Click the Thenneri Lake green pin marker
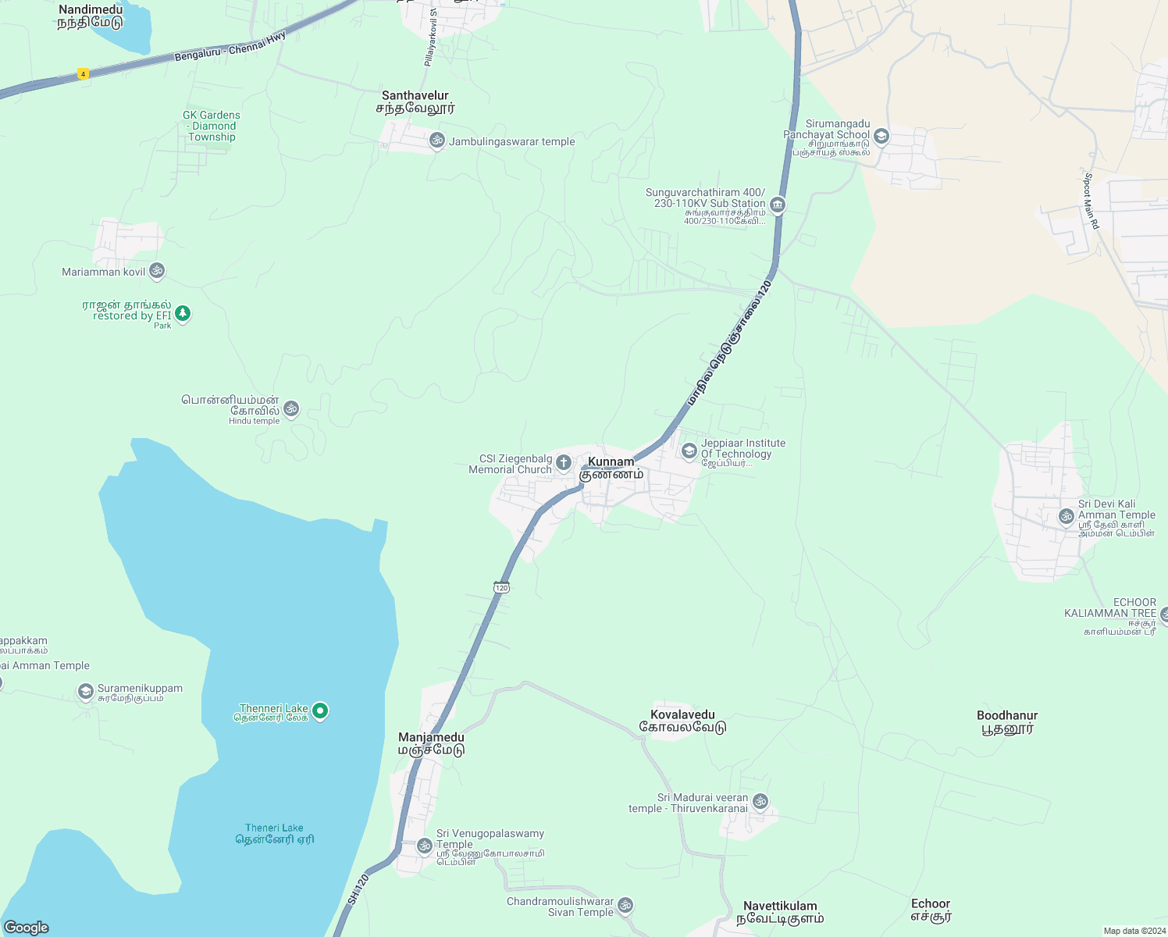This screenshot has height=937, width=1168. click(319, 711)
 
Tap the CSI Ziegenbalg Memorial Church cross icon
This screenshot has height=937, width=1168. click(564, 463)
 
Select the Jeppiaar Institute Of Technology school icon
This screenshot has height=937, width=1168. click(689, 451)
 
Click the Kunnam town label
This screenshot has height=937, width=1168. click(611, 468)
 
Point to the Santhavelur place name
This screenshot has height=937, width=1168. click(415, 102)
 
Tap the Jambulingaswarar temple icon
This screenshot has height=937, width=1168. click(437, 141)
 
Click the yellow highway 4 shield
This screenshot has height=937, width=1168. click(83, 74)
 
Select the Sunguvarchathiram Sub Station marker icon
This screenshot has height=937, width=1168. click(777, 205)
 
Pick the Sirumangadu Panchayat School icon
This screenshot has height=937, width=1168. click(881, 137)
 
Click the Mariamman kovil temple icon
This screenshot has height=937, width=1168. click(157, 271)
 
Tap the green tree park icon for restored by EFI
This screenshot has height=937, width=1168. click(183, 313)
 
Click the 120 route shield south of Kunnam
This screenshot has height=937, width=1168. click(501, 587)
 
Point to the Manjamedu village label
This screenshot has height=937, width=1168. click(431, 743)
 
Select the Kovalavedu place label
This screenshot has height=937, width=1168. click(682, 721)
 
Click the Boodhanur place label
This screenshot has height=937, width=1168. click(1007, 721)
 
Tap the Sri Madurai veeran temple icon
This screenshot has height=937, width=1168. click(760, 801)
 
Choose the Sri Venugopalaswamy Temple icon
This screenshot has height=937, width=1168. click(425, 845)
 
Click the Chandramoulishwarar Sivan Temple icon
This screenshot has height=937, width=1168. click(625, 905)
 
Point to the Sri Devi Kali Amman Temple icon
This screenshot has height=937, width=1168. click(1067, 516)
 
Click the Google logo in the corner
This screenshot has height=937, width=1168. click(27, 928)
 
